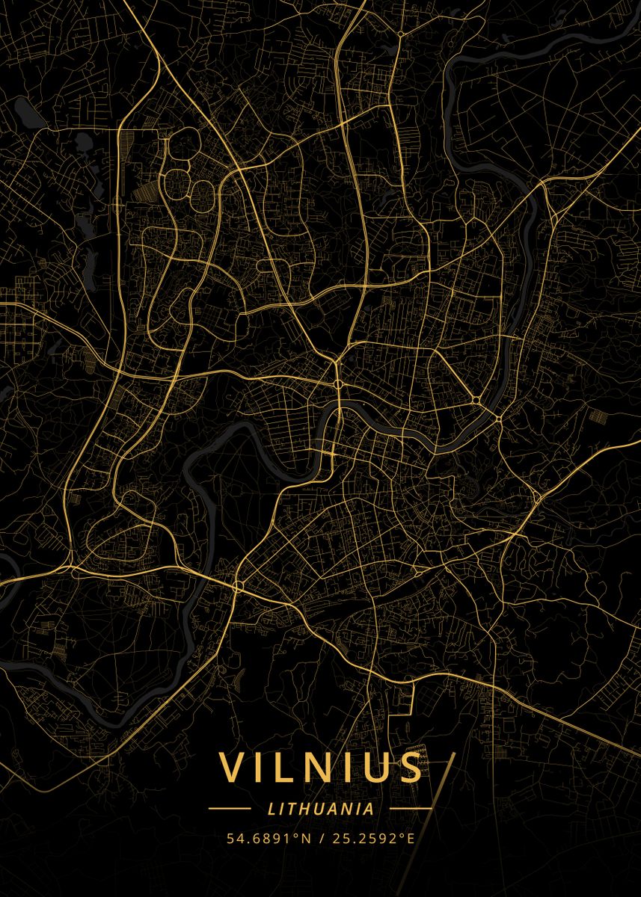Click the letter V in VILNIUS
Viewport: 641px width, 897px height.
(233, 768)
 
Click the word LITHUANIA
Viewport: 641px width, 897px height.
(320, 808)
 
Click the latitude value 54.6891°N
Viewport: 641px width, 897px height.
(268, 838)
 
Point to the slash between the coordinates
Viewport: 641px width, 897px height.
(320, 838)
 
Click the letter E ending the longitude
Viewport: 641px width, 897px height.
(411, 838)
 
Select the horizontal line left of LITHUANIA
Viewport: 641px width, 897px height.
(229, 808)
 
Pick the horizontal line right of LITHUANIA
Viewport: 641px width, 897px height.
(411, 808)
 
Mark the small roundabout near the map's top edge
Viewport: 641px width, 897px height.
(402, 34)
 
